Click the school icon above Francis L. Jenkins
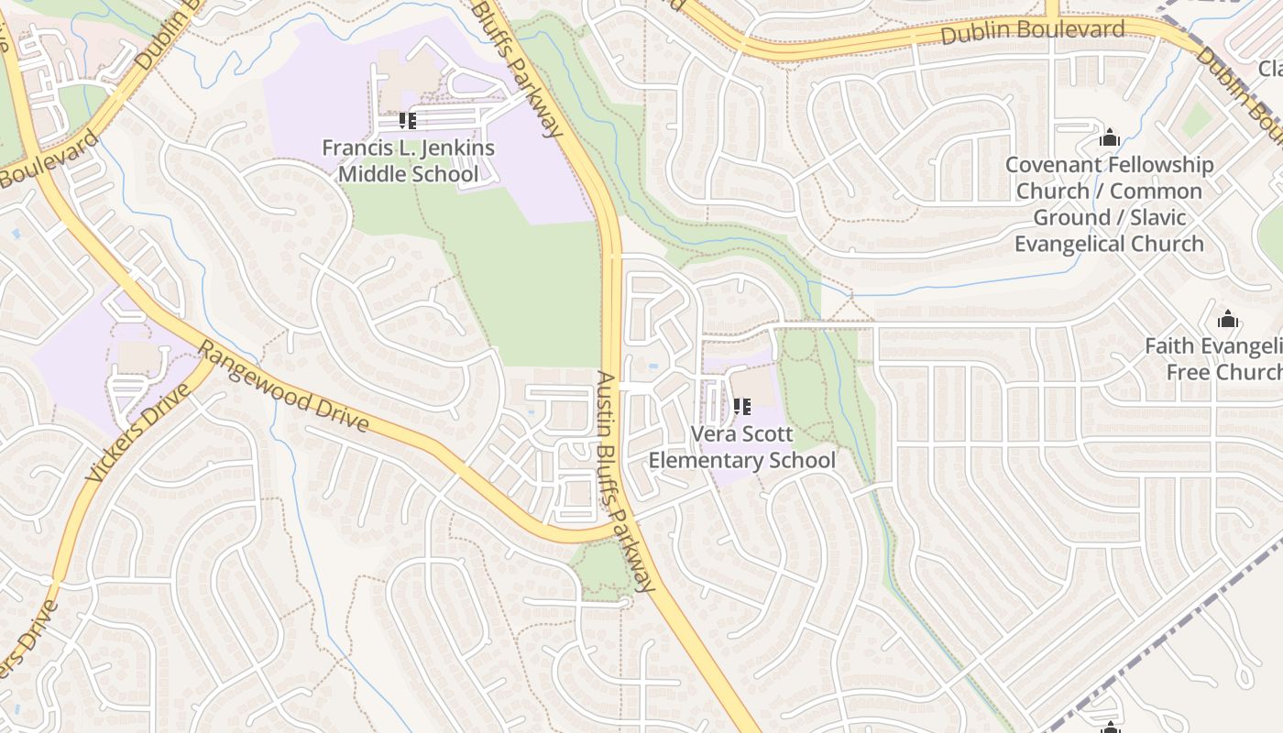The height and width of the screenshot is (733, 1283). tap(408, 121)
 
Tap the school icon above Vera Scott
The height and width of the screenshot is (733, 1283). tap(742, 406)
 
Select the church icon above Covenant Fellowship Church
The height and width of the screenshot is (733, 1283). tap(1110, 138)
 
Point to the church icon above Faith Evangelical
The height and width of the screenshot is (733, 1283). tap(1228, 320)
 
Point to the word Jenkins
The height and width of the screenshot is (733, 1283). tap(453, 148)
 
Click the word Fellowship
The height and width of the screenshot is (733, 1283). tap(1159, 165)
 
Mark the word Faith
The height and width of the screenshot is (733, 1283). tap(1169, 346)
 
